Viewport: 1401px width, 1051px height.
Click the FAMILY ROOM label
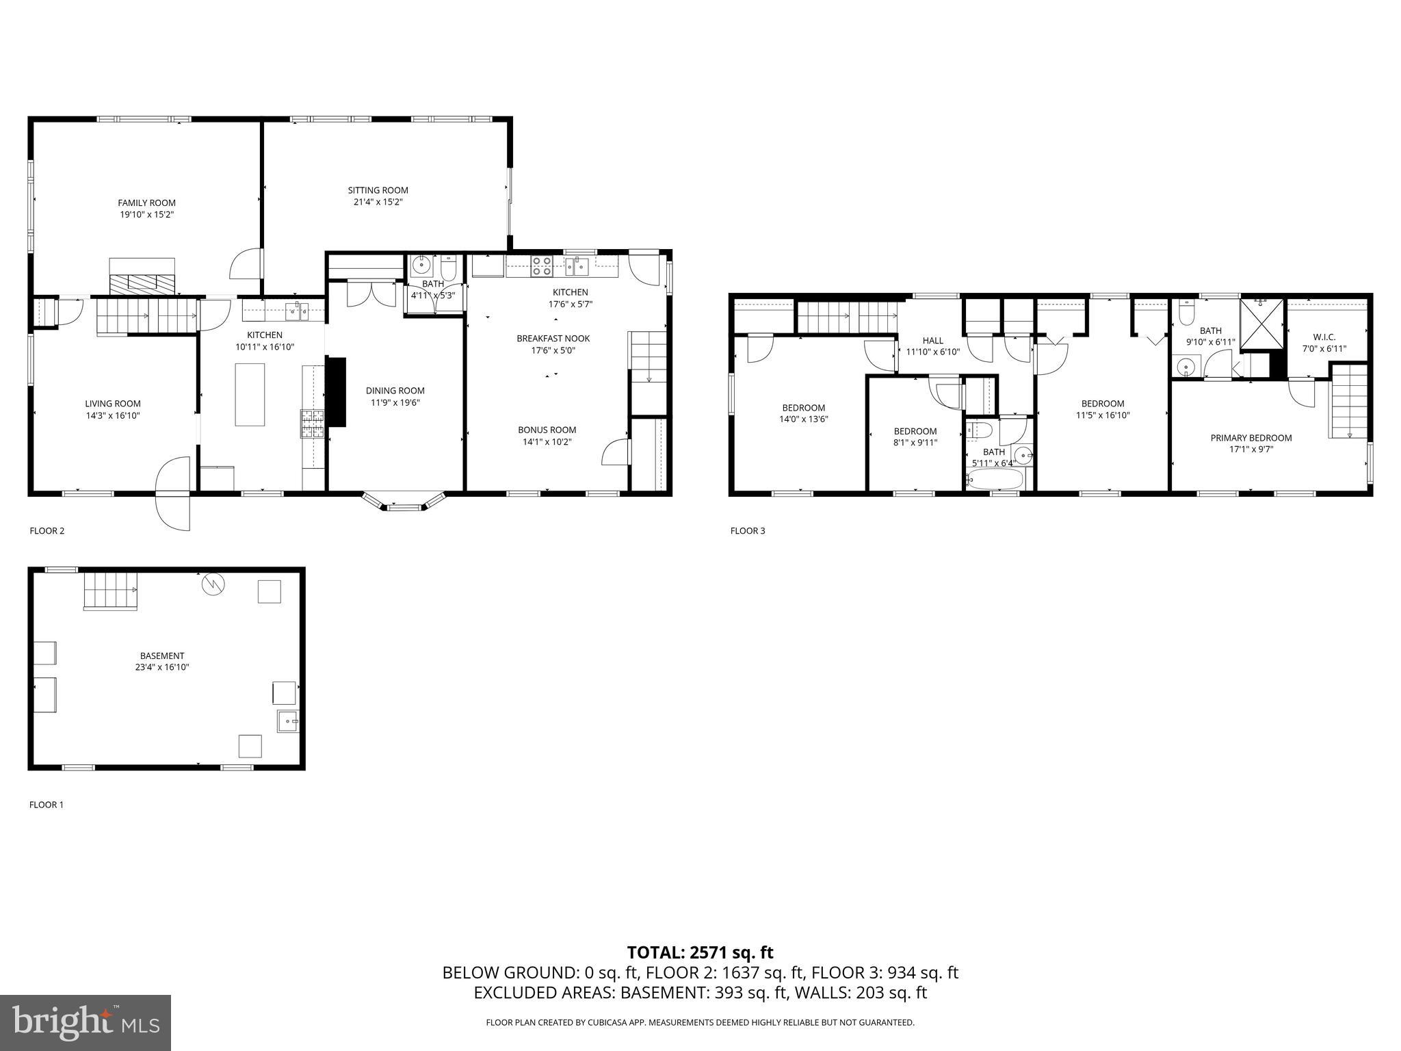click(x=146, y=203)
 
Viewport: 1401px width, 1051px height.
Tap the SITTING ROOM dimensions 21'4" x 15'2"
click(x=378, y=202)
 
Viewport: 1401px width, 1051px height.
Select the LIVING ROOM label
click(x=113, y=404)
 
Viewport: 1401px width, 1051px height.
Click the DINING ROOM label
click(x=395, y=391)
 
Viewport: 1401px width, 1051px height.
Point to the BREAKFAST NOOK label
click(x=553, y=338)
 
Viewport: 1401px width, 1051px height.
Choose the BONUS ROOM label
click(x=547, y=430)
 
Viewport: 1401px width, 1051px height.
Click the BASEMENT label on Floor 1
click(x=161, y=656)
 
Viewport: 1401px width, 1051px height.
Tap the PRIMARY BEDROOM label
click(x=1251, y=438)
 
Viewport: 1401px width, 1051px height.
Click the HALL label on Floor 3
click(x=932, y=340)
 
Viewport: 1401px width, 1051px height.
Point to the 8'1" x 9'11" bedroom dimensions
click(x=915, y=443)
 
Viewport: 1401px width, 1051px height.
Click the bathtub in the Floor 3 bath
click(x=995, y=479)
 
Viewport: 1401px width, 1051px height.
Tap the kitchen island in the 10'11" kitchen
click(x=250, y=395)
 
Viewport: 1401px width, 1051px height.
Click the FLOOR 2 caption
click(x=47, y=530)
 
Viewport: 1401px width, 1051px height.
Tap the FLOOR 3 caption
click(x=747, y=530)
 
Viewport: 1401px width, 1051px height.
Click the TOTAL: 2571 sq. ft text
click(x=700, y=952)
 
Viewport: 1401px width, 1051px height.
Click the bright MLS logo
click(x=86, y=1023)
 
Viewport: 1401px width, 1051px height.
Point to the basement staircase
click(x=109, y=591)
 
